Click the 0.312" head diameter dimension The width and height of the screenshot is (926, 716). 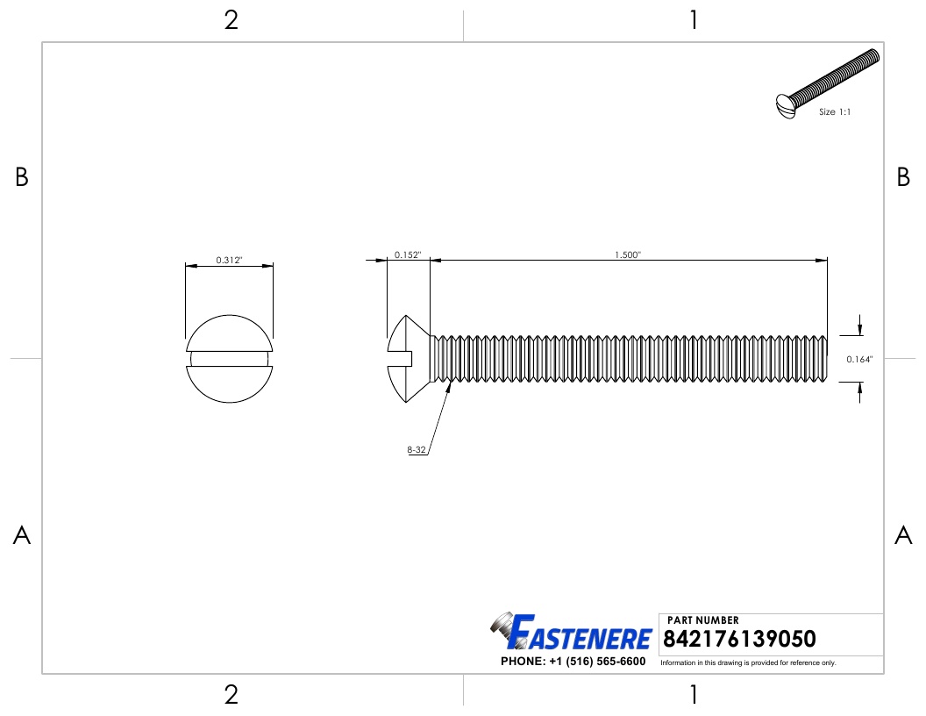pos(229,261)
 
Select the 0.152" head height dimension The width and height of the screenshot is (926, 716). pos(407,255)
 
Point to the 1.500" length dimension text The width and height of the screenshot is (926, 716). pos(628,255)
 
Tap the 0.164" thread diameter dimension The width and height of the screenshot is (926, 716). pos(858,359)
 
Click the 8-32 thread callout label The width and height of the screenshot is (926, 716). pos(417,450)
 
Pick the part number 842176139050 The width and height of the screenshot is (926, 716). pos(740,638)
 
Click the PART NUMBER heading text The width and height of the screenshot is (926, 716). pos(702,620)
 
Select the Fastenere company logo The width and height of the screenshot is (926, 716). pos(570,634)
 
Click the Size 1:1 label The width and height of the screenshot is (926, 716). pos(835,112)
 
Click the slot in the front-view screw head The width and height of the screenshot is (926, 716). pos(229,359)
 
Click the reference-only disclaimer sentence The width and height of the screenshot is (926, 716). pos(748,662)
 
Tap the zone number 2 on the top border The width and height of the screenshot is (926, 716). pos(231,20)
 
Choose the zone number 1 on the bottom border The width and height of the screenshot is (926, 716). pos(694,695)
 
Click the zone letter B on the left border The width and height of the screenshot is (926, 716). pos(22,177)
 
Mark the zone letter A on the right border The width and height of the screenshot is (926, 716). pos(903,535)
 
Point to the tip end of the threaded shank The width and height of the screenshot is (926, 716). pos(824,359)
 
